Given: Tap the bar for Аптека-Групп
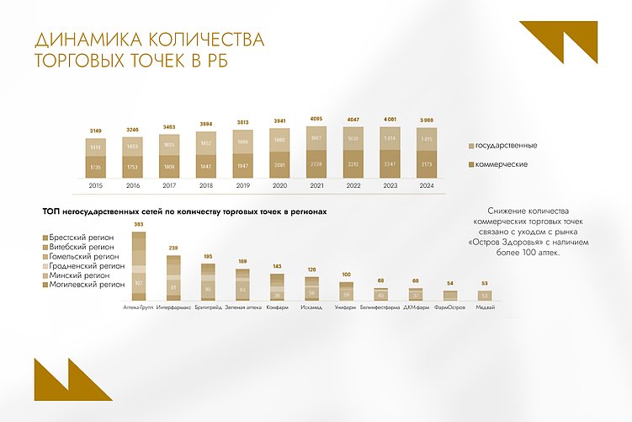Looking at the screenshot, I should (139, 265).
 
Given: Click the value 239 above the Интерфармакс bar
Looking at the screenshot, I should (173, 248).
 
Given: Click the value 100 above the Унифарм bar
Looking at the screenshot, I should (346, 275).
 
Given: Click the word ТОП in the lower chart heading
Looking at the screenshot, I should (40, 214).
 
